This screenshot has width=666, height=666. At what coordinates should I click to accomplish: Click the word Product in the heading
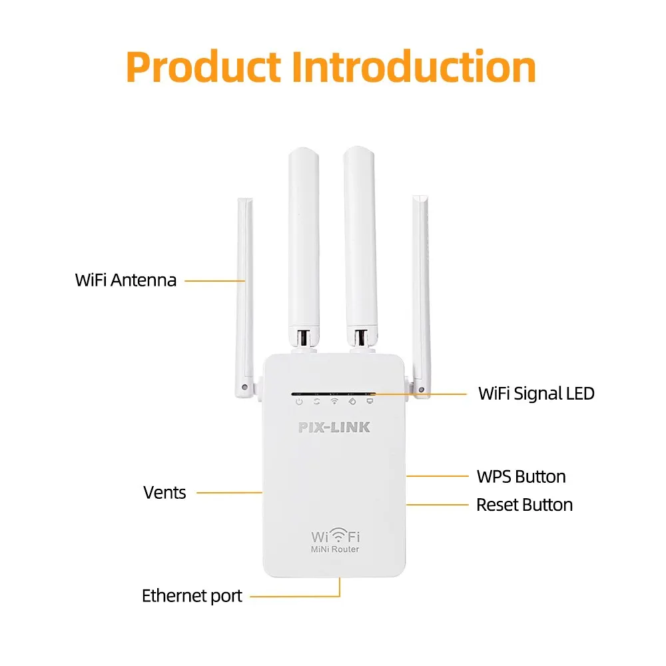click(x=203, y=67)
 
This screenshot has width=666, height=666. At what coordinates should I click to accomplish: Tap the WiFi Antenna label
click(x=126, y=280)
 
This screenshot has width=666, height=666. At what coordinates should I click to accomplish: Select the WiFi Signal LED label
click(x=536, y=393)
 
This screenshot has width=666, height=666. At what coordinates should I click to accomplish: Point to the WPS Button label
click(x=521, y=476)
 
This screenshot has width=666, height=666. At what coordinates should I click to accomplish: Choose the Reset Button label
click(x=524, y=505)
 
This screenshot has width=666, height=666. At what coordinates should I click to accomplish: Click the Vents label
click(x=165, y=493)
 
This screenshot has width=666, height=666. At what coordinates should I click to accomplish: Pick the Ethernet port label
click(x=192, y=595)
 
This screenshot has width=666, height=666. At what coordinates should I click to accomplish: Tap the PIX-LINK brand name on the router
click(x=334, y=427)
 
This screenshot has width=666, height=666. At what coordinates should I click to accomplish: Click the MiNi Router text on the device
click(x=335, y=549)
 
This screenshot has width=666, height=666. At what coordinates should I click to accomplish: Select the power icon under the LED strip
click(x=299, y=402)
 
